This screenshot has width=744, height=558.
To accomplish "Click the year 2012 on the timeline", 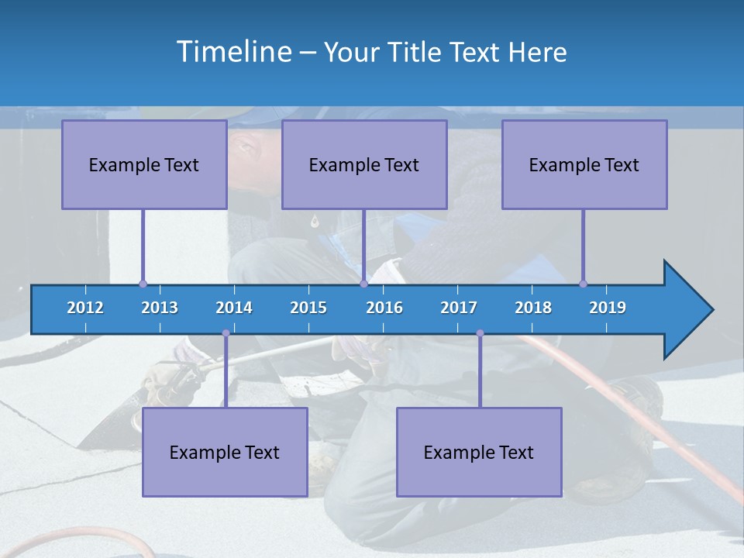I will [x=85, y=308].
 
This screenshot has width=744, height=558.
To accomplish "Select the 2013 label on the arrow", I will [x=160, y=308].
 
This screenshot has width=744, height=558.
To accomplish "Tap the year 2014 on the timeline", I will [x=234, y=308].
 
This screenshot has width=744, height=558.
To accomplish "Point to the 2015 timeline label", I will [x=308, y=308].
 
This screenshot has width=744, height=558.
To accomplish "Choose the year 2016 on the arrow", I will [x=384, y=308].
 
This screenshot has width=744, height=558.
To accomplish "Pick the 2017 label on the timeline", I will [x=459, y=308].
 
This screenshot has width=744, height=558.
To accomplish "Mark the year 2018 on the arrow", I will [x=533, y=308].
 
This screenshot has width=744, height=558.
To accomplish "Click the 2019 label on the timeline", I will [x=608, y=308].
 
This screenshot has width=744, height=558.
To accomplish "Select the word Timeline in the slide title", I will [x=235, y=52].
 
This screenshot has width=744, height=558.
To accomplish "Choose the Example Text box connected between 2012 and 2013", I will [x=144, y=164].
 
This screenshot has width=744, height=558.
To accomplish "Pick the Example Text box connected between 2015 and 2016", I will [x=364, y=164].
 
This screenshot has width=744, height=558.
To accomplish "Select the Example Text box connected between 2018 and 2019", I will [x=584, y=164].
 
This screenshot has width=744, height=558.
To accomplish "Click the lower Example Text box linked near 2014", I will [x=225, y=452].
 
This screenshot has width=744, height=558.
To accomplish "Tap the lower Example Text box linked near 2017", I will [x=479, y=452].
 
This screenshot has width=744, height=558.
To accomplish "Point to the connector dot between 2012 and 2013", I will [x=143, y=284].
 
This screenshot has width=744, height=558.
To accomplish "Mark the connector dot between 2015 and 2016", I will [x=363, y=284].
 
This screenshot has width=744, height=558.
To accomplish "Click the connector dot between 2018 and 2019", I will [x=583, y=284].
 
